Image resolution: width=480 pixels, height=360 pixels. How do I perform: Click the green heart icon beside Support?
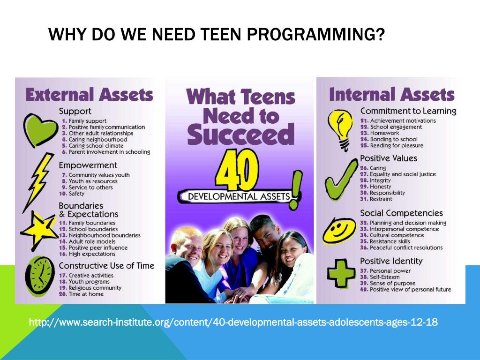tap(39, 126)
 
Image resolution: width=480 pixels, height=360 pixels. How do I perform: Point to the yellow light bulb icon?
tap(341, 127)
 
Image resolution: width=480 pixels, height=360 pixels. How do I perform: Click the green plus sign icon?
tap(341, 273)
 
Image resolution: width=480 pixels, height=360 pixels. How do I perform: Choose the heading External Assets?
tap(89, 94)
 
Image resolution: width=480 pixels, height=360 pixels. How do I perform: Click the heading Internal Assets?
tap(391, 94)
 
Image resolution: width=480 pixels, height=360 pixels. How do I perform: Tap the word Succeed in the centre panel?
tap(240, 135)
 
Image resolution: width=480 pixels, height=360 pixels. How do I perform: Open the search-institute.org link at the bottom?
tap(233, 322)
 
